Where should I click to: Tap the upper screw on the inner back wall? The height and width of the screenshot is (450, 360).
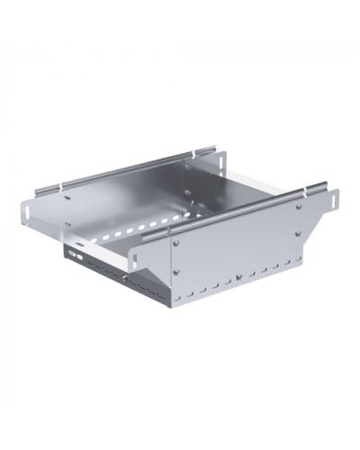(188, 166)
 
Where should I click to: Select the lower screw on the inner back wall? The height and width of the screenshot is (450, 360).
(188, 192)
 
